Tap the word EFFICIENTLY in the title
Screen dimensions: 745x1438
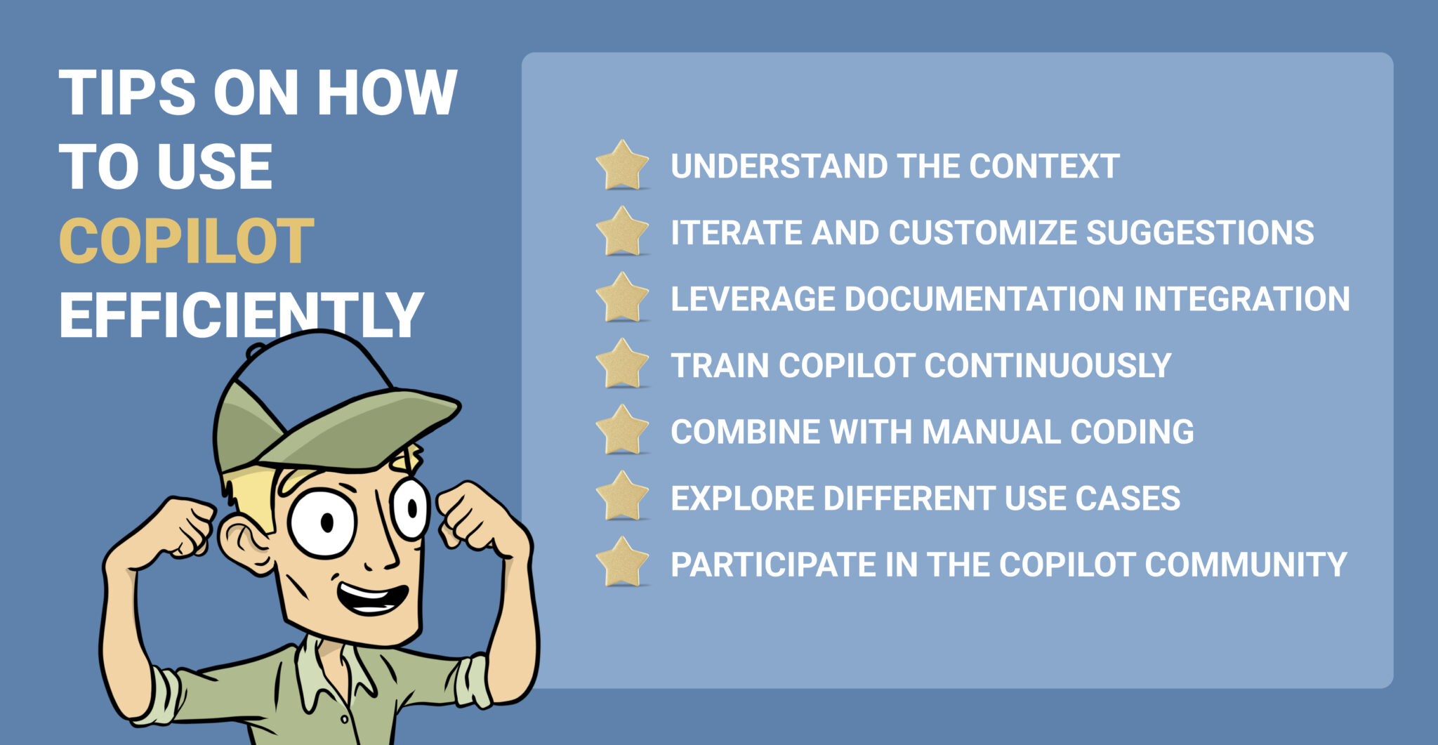pos(241,315)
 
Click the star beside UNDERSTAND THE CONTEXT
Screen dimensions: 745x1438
pos(622,166)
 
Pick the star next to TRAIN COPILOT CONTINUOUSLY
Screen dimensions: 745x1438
pos(622,365)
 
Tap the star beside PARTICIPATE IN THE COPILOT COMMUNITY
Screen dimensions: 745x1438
pos(622,564)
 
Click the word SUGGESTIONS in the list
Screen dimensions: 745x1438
pos(1200,232)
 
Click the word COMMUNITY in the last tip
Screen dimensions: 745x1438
pos(1246,564)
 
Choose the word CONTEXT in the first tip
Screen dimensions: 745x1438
pos(1044,166)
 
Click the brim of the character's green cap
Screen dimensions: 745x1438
pos(365,428)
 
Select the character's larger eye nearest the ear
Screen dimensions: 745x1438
pos(323,523)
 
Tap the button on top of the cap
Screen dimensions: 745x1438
pos(256,349)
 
